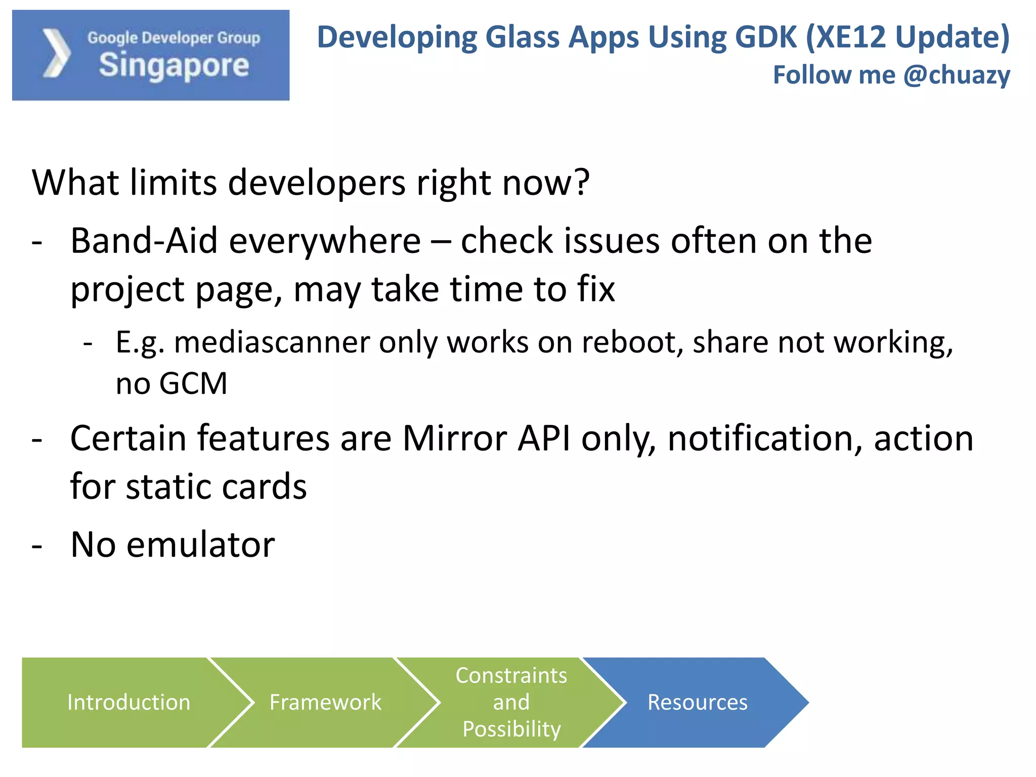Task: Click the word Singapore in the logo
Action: tap(174, 66)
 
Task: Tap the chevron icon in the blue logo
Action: tap(56, 54)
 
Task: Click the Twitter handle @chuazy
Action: tap(957, 75)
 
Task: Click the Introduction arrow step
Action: tap(128, 702)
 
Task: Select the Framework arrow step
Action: tap(325, 702)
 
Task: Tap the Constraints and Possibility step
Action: tap(511, 702)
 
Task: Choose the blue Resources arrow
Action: tap(697, 702)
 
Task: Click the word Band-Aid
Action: tap(144, 241)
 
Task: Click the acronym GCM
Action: tap(193, 383)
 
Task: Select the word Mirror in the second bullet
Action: tap(455, 438)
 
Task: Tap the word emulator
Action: tap(200, 545)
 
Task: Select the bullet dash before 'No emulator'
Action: tap(37, 546)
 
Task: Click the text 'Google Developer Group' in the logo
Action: tap(174, 38)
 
